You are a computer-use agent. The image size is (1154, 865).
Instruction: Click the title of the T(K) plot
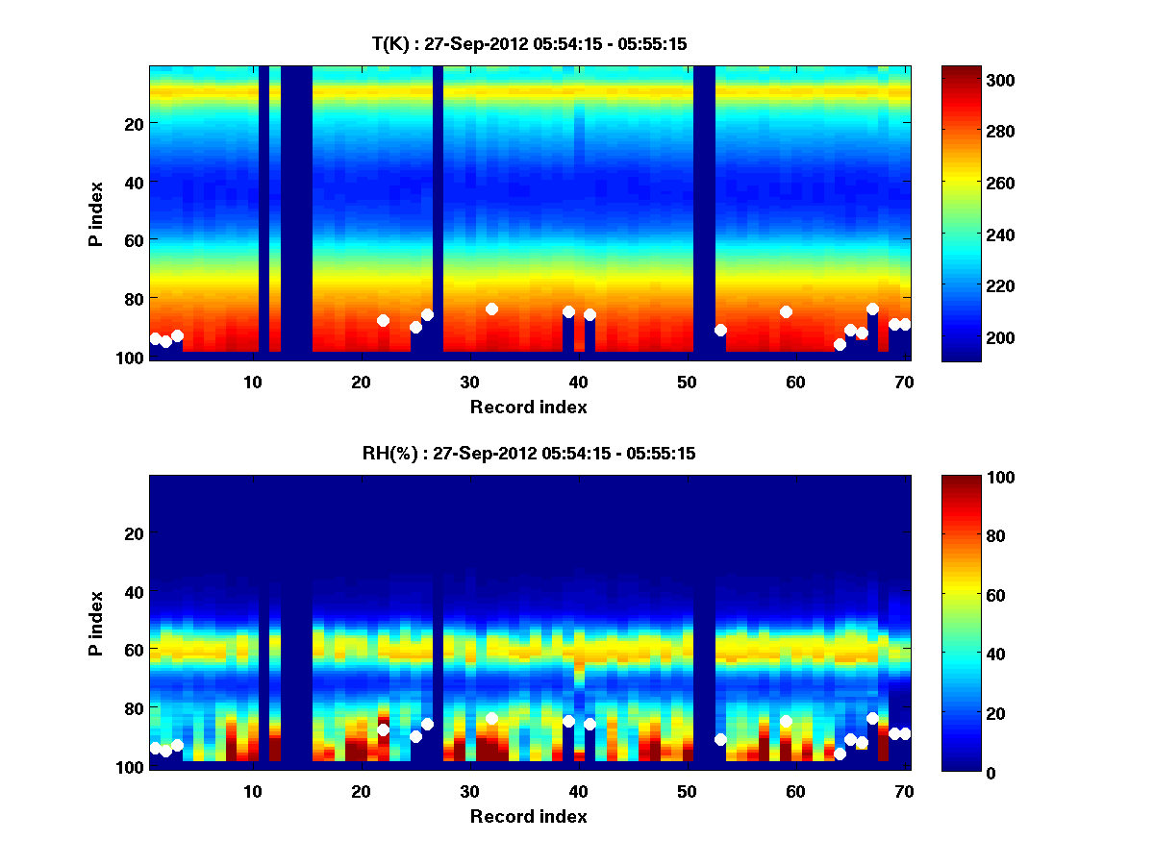coord(529,43)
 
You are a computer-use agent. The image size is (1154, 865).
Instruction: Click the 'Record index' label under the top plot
coord(529,407)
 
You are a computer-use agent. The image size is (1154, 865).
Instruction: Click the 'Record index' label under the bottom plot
coord(529,816)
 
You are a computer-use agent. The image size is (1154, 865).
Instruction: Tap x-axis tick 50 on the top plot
coord(687,382)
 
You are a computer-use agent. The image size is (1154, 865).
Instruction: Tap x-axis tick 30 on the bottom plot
coord(469,791)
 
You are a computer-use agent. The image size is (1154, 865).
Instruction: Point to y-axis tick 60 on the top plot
coord(133,239)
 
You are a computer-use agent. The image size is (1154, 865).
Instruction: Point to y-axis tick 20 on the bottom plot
coord(133,532)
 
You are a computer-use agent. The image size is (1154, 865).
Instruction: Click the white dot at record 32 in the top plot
coord(491,309)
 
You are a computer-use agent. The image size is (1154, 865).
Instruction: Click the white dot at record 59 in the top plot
coord(786,311)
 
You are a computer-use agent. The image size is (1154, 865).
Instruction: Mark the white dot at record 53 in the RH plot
coord(720,739)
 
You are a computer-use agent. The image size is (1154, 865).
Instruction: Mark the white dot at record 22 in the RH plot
coord(383,729)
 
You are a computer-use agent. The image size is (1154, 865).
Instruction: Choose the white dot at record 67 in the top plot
coord(872,309)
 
